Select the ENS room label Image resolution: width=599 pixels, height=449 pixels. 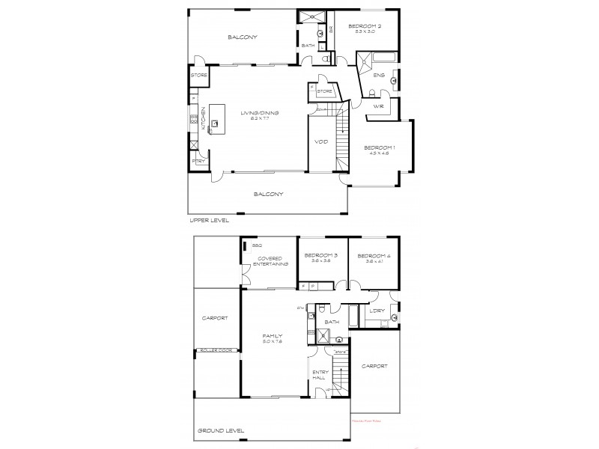(380, 76)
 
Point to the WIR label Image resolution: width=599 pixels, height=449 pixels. (379, 106)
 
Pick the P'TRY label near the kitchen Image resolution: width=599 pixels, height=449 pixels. (198, 161)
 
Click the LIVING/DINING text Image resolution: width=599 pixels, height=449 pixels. (259, 113)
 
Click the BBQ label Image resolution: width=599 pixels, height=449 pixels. (256, 245)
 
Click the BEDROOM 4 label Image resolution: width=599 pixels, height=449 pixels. (374, 256)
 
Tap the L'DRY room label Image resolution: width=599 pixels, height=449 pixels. (377, 311)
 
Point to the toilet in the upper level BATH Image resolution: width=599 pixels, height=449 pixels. (323, 57)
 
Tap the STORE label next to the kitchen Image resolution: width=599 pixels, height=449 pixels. (198, 76)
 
